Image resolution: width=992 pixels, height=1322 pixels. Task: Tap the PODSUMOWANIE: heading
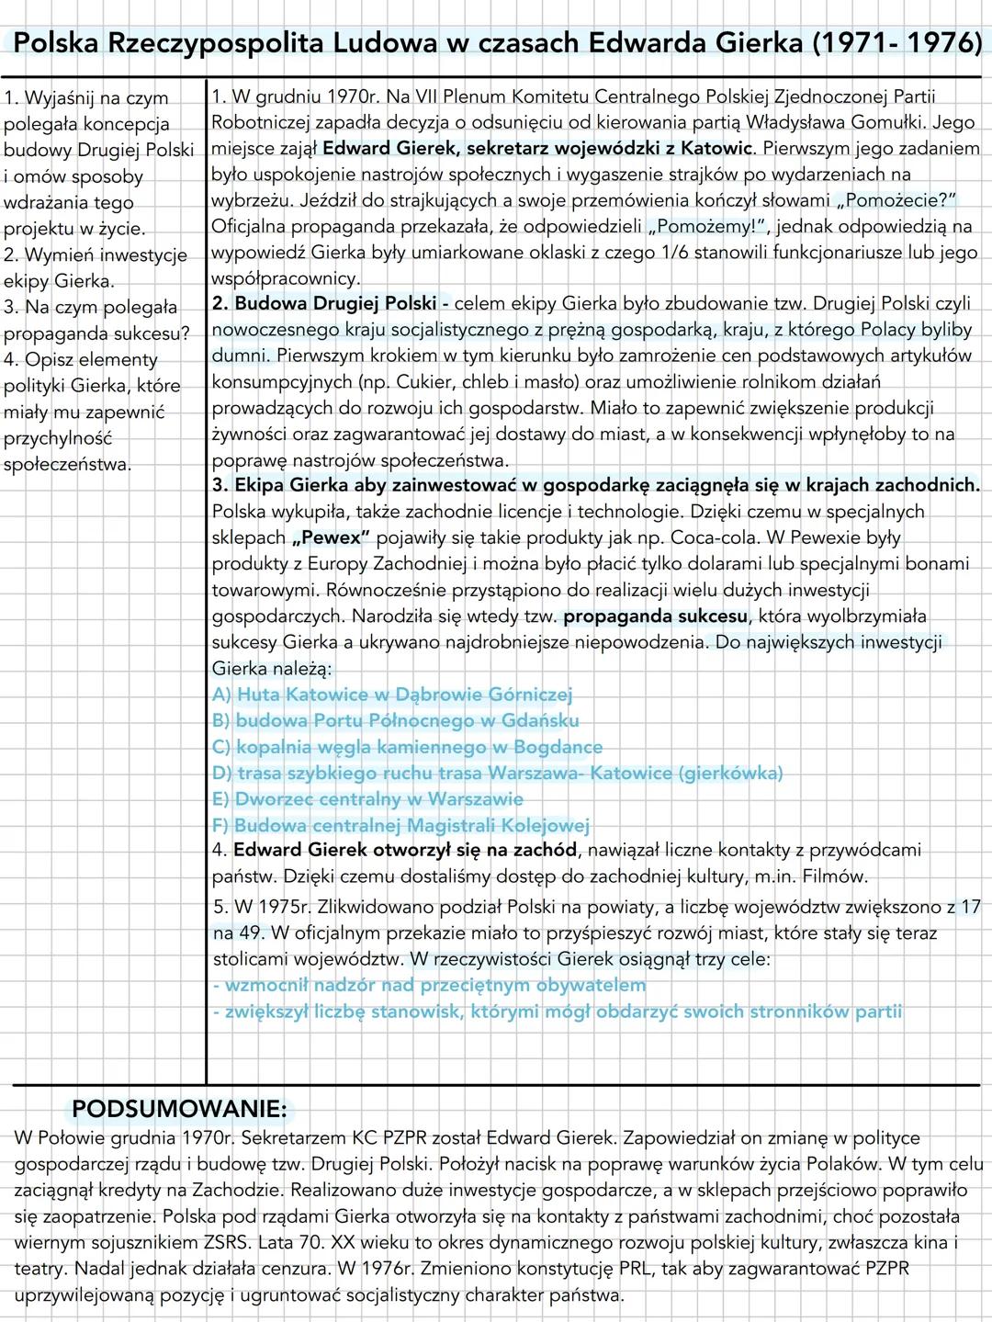pos(179,1109)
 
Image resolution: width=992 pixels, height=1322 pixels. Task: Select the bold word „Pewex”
pos(330,537)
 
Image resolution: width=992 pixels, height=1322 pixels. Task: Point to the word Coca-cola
pos(727,537)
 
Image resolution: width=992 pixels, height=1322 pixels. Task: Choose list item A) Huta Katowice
pos(392,695)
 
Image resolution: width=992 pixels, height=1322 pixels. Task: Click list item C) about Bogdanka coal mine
pos(407,747)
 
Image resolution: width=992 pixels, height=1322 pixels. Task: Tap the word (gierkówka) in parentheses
pos(730,773)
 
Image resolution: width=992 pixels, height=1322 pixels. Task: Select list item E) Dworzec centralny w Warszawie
pos(367,799)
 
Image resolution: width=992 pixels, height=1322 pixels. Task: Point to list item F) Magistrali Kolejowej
pos(400,826)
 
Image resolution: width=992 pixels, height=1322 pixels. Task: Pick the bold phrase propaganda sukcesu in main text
pos(653,616)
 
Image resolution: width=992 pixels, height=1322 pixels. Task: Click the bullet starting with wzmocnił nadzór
pos(429,985)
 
